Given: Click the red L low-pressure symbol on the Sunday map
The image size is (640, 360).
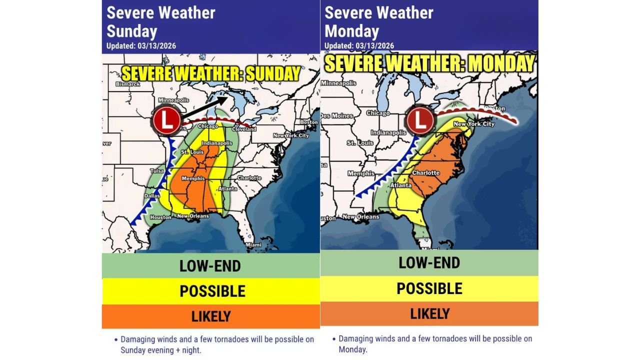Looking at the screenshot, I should tap(167, 120).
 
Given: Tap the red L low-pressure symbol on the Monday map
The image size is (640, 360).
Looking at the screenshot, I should tap(420, 120).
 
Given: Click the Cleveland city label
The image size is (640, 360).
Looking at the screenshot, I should tap(243, 129).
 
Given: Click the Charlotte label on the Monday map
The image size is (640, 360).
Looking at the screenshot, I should tap(425, 173).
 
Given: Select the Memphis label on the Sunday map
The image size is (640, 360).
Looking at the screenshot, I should tap(193, 178).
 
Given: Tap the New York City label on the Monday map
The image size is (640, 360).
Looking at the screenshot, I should tap(473, 123).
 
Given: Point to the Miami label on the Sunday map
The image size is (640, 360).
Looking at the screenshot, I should tap(253, 244).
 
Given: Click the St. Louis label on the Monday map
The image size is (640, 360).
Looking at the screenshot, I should tap(360, 143).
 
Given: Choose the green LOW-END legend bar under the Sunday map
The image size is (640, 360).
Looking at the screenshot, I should tap(210, 265).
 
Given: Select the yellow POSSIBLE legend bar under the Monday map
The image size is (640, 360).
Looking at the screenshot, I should tap(429, 288).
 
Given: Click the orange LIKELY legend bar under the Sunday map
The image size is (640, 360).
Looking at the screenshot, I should tap(210, 316).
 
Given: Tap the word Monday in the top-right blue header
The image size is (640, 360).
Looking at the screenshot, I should tap(351, 31).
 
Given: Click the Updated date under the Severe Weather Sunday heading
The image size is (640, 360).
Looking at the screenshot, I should tap(141, 46).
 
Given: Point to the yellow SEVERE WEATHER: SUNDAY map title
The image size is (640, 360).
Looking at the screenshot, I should tap(211, 74).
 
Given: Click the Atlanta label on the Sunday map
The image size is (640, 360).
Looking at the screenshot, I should tap(227, 189).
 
